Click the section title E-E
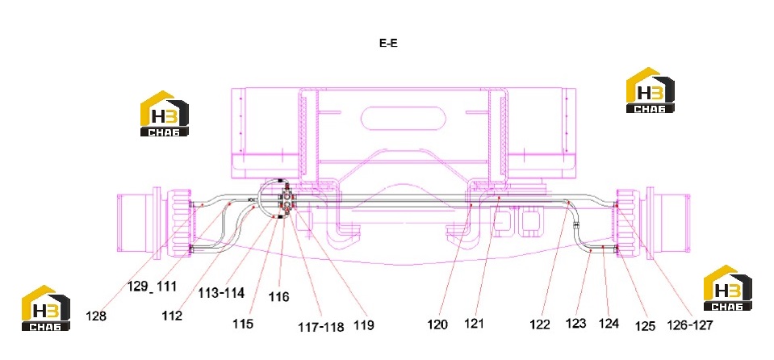pyautogui.click(x=388, y=43)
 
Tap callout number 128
pyautogui.click(x=96, y=316)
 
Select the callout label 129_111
pyautogui.click(x=152, y=287)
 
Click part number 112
pyautogui.click(x=172, y=316)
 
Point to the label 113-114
pyautogui.click(x=221, y=293)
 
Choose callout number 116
pyautogui.click(x=279, y=297)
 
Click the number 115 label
pyautogui.click(x=243, y=324)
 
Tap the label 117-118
pyautogui.click(x=321, y=326)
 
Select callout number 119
pyautogui.click(x=364, y=325)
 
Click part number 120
pyautogui.click(x=437, y=324)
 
